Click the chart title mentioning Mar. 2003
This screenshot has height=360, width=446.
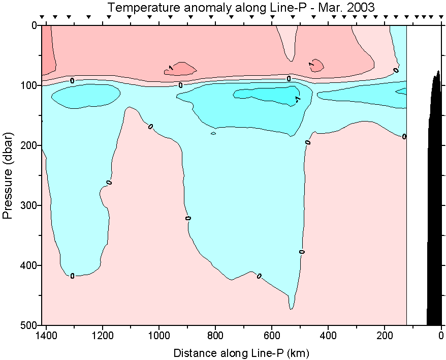pyautogui.click(x=241, y=8)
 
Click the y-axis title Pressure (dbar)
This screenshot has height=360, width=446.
pyautogui.click(x=8, y=175)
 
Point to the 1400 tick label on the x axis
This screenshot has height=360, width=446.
pyautogui.click(x=46, y=335)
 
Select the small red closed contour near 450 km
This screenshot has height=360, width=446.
pyautogui.click(x=317, y=65)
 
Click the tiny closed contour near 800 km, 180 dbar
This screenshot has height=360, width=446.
pyautogui.click(x=213, y=133)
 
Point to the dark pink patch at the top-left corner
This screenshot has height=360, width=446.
pyautogui.click(x=48, y=48)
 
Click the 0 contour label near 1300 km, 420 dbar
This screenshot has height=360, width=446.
pyautogui.click(x=72, y=276)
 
